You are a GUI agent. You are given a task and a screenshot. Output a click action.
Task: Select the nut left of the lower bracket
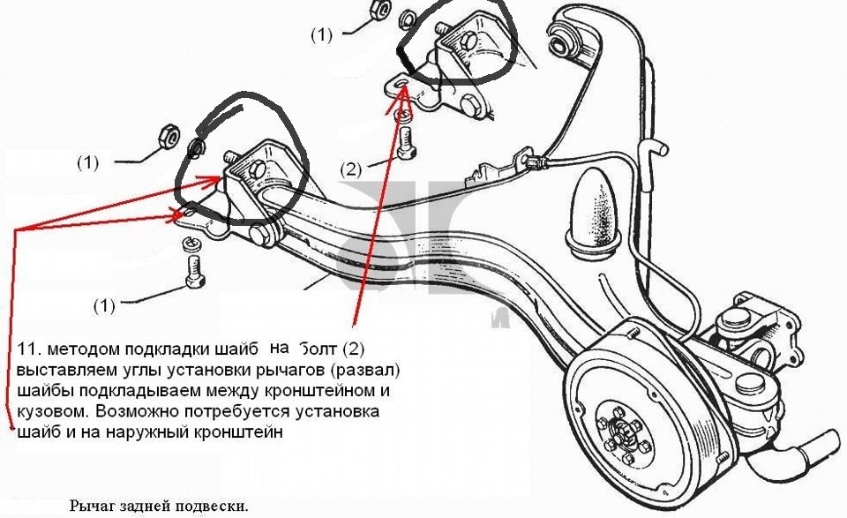[x=172, y=136]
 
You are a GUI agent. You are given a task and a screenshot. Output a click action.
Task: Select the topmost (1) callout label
[x=321, y=35]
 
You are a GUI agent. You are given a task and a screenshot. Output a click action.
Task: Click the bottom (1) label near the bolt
[x=105, y=305]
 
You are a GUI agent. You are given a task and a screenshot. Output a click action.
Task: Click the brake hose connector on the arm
[x=531, y=162]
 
